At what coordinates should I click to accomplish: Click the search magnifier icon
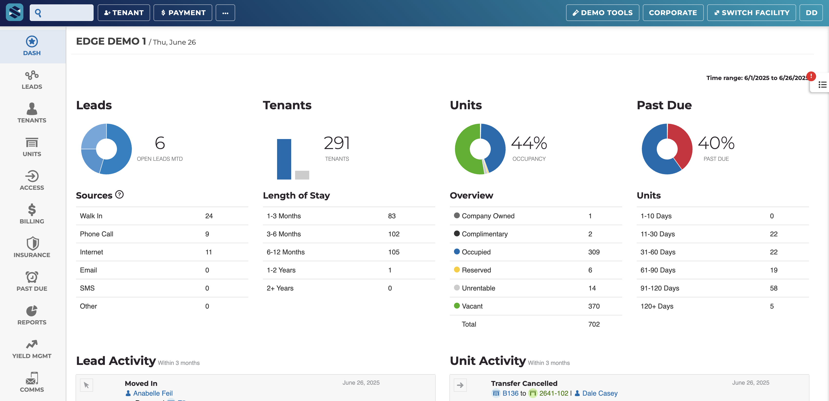38,13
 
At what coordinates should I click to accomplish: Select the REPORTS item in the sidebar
32,315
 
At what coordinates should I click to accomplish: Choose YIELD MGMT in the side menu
32,349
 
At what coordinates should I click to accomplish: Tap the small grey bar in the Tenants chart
302,175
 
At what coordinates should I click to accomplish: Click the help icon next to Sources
119,195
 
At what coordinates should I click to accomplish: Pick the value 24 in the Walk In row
209,216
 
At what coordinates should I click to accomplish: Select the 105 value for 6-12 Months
394,252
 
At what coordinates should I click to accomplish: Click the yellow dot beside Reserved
457,270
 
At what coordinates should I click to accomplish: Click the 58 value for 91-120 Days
774,288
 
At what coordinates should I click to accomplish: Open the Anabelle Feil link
153,393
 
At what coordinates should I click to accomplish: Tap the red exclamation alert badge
811,76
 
